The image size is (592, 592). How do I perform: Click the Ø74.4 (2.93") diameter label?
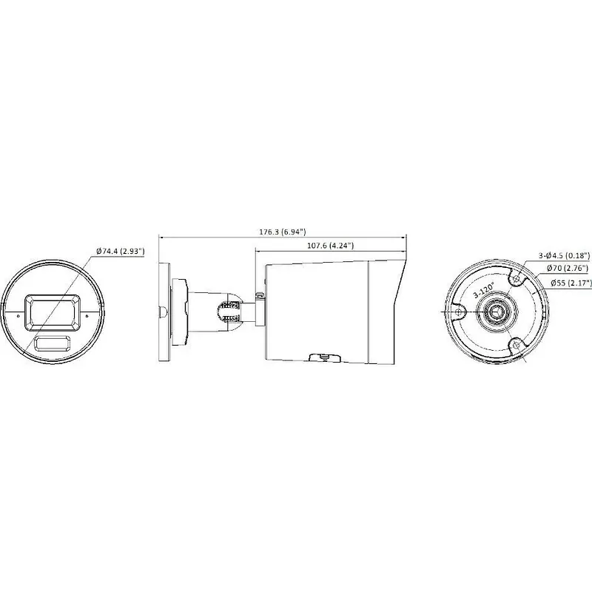click(x=121, y=251)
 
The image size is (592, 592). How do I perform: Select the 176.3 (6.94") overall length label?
click(x=283, y=232)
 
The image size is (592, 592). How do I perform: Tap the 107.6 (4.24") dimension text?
click(x=330, y=246)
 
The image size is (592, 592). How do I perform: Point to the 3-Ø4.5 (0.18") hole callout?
click(x=564, y=255)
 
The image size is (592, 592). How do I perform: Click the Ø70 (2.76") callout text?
click(x=567, y=268)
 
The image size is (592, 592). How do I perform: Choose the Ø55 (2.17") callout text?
click(x=571, y=283)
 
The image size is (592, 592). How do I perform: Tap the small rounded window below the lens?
click(x=53, y=343)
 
